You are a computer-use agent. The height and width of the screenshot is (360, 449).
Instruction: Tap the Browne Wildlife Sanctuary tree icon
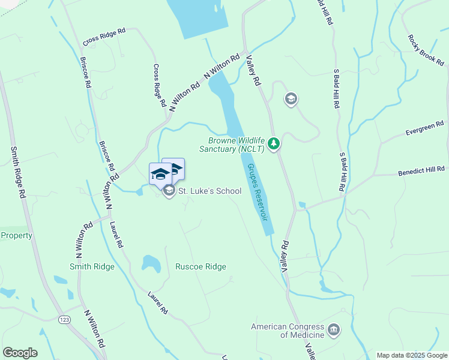coord(274,143)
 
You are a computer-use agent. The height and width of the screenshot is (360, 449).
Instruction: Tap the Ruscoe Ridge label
coord(200,267)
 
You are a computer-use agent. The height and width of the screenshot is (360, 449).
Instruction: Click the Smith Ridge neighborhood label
coord(92,267)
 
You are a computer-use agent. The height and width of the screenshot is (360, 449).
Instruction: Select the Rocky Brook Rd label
coord(426,49)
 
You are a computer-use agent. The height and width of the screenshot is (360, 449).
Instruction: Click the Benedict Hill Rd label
coord(421,172)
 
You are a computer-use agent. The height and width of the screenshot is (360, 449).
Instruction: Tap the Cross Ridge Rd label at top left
coord(104,37)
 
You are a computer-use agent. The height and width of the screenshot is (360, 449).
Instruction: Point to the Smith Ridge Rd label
coord(16,173)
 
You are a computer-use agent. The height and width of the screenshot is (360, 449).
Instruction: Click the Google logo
coord(20,353)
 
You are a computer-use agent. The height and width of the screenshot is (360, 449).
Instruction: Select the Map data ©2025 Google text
coord(411,355)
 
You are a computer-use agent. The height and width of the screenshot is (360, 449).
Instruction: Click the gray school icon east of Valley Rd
coord(291,99)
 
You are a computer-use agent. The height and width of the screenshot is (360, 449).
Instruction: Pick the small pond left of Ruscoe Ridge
coord(151,263)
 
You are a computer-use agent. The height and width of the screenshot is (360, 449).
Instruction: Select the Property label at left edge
coord(16,235)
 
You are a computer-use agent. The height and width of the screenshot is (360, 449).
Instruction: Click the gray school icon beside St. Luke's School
coord(169,191)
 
